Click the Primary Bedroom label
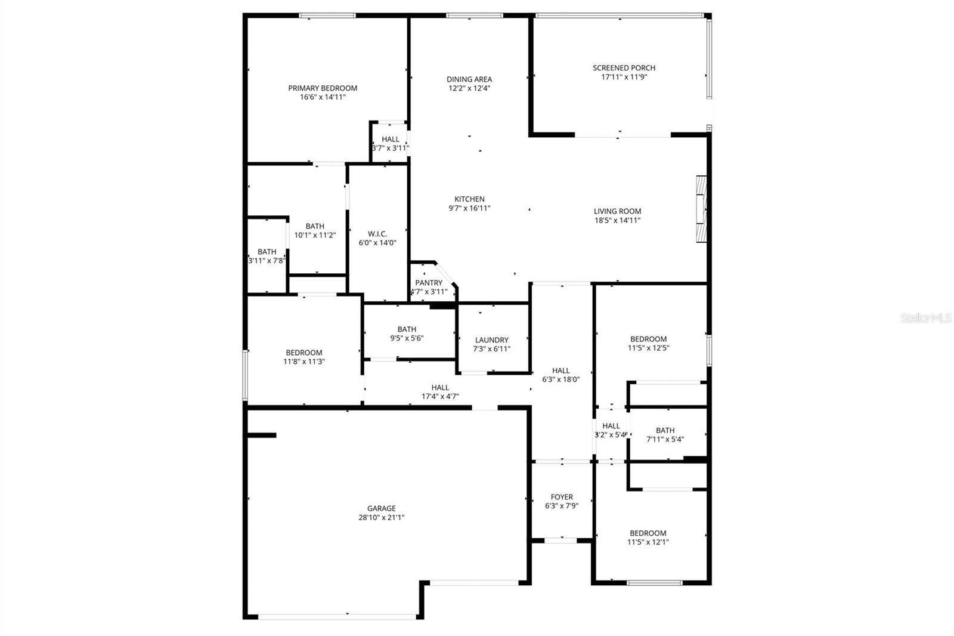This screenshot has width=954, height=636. coord(323,88)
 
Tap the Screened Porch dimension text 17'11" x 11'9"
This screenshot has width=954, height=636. coord(624,77)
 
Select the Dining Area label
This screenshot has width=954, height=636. coord(469,79)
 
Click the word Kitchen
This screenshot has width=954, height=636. coord(469,199)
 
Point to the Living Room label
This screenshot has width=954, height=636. coord(617,211)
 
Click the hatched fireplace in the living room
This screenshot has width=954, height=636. coord(701,209)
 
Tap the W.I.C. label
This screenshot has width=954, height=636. coord(377,234)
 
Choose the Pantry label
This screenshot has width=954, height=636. coord(429,283)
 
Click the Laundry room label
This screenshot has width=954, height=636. coord(491,339)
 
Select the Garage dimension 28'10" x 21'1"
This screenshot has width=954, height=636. coord(381,517)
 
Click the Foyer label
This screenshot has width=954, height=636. coord(561,496)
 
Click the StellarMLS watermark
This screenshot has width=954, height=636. coord(926,318)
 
